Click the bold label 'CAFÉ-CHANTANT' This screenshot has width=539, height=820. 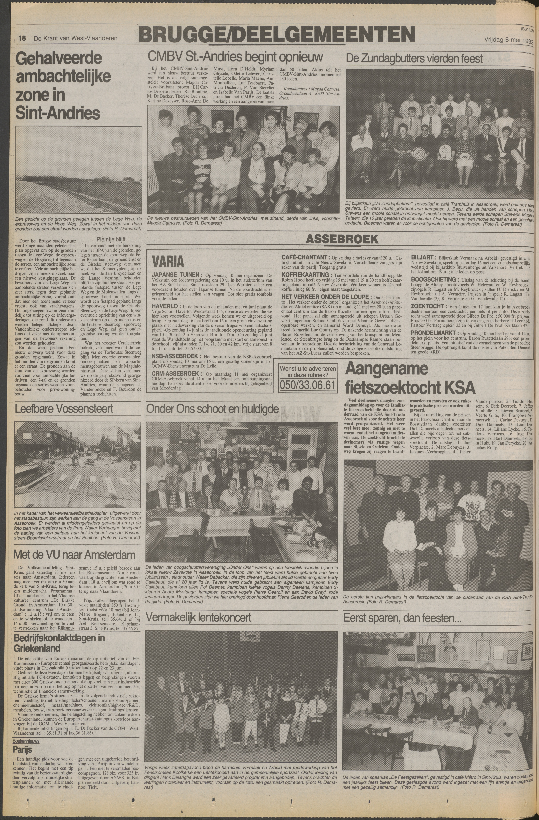[x=305, y=257]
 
